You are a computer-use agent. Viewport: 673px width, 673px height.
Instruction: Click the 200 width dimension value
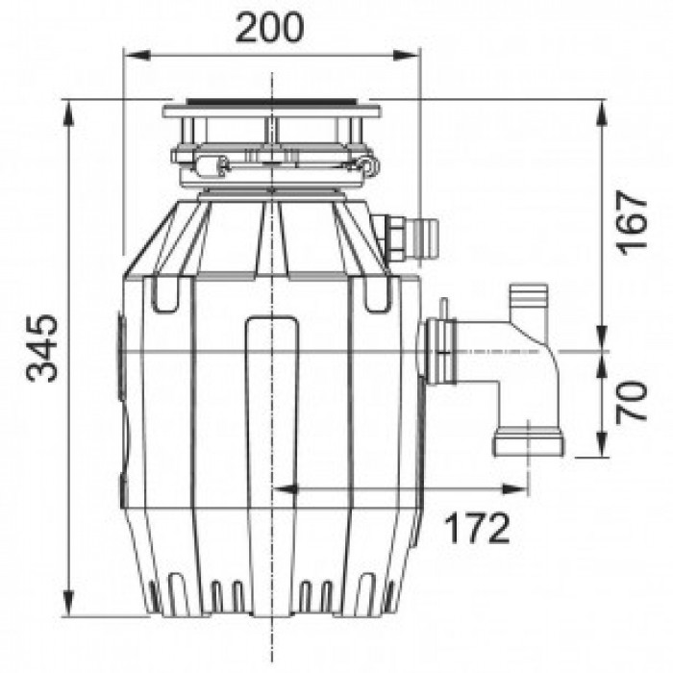(x=269, y=28)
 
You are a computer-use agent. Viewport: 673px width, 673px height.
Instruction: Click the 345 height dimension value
(x=41, y=348)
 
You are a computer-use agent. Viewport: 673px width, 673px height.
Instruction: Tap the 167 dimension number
(x=631, y=223)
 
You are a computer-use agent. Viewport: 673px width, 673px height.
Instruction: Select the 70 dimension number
(x=631, y=401)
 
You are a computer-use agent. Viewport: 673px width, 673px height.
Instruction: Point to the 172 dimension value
(x=477, y=528)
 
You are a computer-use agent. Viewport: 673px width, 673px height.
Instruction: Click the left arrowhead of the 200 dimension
(x=137, y=56)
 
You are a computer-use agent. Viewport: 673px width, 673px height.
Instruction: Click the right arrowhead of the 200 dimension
(x=407, y=56)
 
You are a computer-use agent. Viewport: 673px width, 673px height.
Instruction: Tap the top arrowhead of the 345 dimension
(x=68, y=113)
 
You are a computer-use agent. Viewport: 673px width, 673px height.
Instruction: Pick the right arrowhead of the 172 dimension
(x=515, y=488)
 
